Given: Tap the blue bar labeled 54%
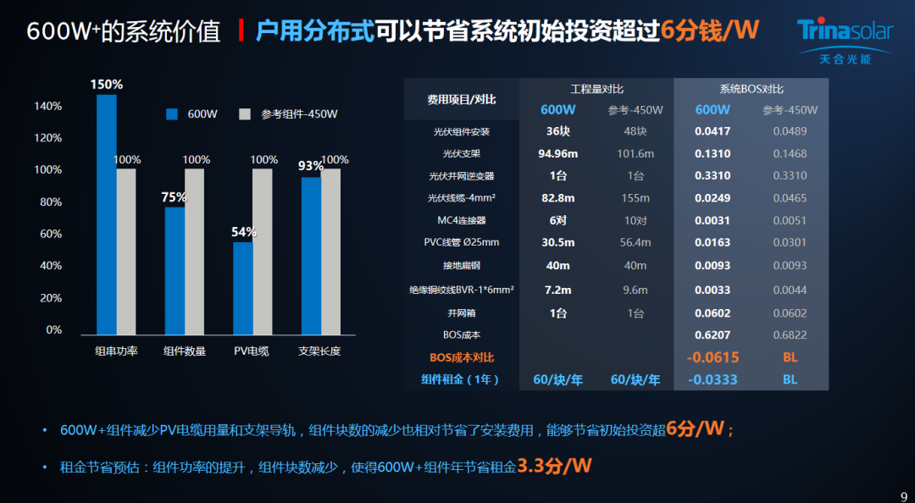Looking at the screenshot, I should [243, 288].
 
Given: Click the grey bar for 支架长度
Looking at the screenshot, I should [330, 251].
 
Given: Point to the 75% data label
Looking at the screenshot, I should [175, 197].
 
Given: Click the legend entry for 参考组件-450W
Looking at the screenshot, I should [288, 114].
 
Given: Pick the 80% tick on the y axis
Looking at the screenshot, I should [48, 202].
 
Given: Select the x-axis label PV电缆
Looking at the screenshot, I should [252, 351].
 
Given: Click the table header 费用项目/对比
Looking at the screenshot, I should [462, 99].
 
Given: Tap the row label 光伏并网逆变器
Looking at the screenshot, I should [462, 176].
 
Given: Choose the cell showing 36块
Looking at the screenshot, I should [557, 131].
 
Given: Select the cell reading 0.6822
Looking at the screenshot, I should [790, 335].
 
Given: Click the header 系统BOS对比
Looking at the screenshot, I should [751, 89].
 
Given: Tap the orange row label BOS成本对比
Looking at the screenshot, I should [462, 357].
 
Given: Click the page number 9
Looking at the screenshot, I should [902, 496].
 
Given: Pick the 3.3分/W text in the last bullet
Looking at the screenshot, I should [554, 466].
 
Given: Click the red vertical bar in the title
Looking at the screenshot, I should [242, 31].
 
